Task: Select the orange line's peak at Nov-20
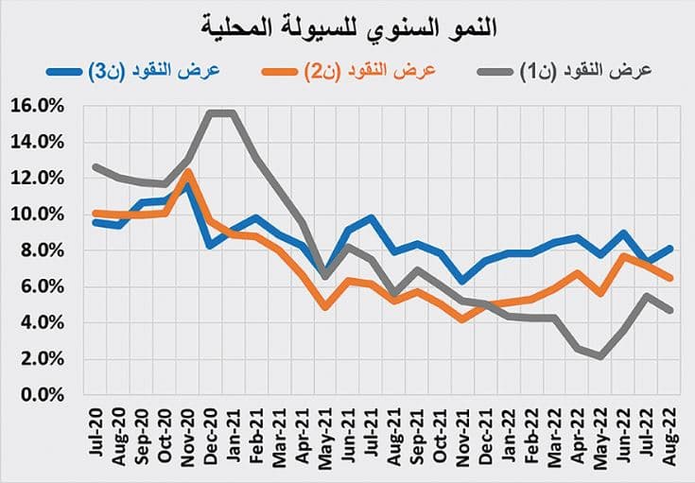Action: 188,172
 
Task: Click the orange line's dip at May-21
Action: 324,307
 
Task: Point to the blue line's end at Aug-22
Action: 670,249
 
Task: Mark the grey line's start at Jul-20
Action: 96,166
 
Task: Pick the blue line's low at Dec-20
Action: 211,246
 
